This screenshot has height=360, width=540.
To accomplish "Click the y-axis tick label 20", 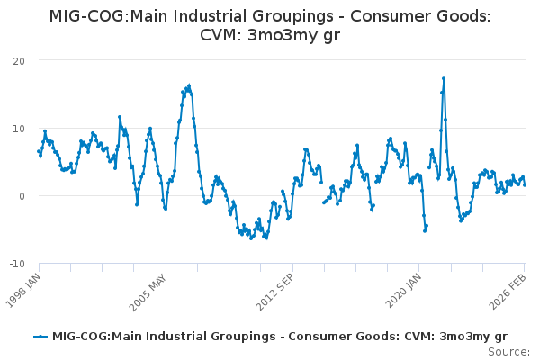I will [x=18, y=60].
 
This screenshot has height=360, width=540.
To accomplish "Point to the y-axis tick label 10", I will [x=18, y=128].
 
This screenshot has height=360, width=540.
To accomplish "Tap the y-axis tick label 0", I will [x=22, y=195].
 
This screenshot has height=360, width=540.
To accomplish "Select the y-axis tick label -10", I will [x=16, y=263].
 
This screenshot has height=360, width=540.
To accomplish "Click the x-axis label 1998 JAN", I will [x=24, y=288].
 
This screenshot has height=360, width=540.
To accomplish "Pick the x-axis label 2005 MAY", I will [x=149, y=288].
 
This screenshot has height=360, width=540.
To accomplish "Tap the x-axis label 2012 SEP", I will [x=275, y=288].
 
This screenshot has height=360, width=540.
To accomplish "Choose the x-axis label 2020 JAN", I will [x=402, y=288].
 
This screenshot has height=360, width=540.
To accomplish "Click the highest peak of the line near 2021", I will [x=444, y=78].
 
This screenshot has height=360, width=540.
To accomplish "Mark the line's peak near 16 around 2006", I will [x=189, y=85].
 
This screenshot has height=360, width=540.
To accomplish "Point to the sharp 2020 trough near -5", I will [x=425, y=230].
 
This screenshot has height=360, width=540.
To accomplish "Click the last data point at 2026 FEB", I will [x=525, y=185].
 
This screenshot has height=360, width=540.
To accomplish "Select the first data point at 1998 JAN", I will [x=39, y=151].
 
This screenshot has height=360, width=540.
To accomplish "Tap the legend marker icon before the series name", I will [x=40, y=337].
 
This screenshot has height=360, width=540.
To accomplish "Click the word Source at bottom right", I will [x=508, y=351].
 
